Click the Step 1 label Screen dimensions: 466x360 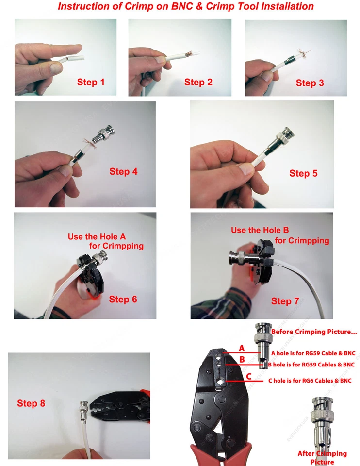pyautogui.click(x=91, y=82)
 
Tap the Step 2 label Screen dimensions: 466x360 pyautogui.click(x=198, y=82)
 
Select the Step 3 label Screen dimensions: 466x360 pyautogui.click(x=310, y=83)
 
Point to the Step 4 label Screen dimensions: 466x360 pyautogui.click(x=123, y=171)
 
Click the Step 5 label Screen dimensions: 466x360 pyautogui.click(x=303, y=173)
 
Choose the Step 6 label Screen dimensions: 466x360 pyautogui.click(x=123, y=300)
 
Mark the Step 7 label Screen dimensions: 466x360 pyautogui.click(x=285, y=301)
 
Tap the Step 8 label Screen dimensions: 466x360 pyautogui.click(x=31, y=403)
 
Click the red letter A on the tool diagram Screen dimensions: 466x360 pyautogui.click(x=242, y=348)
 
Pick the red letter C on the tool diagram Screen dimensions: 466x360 pyautogui.click(x=248, y=376)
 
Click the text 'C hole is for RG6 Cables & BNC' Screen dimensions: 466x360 pyautogui.click(x=310, y=381)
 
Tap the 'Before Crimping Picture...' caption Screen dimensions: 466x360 pyautogui.click(x=314, y=332)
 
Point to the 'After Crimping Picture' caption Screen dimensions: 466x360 pyautogui.click(x=322, y=457)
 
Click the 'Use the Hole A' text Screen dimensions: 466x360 pyautogui.click(x=97, y=236)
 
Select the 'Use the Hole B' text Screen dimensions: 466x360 pyautogui.click(x=260, y=230)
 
